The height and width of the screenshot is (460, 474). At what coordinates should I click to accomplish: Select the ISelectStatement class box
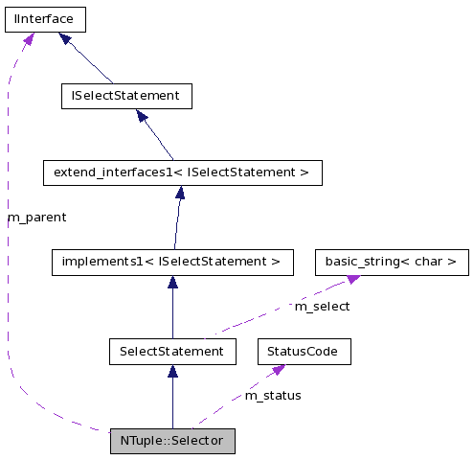click(x=125, y=96)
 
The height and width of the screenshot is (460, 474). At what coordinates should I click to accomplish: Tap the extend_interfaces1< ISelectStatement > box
click(x=182, y=172)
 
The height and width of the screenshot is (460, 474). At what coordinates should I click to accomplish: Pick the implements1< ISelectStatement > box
click(x=171, y=261)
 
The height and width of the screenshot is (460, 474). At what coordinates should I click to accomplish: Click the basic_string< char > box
click(x=392, y=261)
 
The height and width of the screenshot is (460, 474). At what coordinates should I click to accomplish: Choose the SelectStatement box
click(x=172, y=352)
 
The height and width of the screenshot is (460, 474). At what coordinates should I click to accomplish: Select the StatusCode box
click(x=304, y=352)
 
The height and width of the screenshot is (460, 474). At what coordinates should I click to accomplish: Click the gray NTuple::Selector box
click(x=172, y=441)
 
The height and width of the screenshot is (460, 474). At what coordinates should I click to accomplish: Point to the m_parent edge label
click(x=37, y=218)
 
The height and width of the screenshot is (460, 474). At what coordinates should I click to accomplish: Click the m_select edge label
click(x=322, y=307)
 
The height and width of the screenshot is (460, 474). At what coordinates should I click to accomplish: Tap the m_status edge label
click(x=273, y=395)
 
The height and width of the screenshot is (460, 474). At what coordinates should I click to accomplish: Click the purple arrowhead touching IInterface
click(x=29, y=38)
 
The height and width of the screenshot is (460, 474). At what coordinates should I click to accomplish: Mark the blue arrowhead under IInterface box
click(x=64, y=38)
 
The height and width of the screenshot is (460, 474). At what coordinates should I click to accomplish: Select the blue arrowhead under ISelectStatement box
click(x=142, y=116)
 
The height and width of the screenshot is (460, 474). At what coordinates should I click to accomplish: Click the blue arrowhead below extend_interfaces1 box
click(x=179, y=193)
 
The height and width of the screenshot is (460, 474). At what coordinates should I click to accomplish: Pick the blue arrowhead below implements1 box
click(x=172, y=282)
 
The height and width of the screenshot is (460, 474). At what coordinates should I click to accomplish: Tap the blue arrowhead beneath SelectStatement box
click(x=172, y=372)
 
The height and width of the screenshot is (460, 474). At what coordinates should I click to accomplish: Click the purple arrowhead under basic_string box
click(x=352, y=278)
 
